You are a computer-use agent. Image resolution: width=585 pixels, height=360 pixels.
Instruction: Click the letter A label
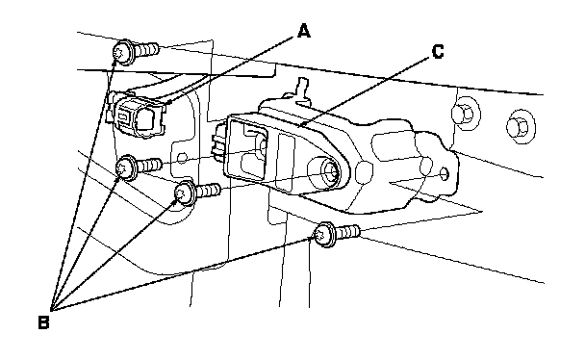304,31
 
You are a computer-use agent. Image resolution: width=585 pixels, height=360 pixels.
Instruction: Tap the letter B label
43,322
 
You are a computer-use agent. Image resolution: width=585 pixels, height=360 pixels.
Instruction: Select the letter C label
438,51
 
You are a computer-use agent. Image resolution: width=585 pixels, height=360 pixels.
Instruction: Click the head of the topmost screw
123,52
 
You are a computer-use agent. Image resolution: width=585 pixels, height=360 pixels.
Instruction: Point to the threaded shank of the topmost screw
146,50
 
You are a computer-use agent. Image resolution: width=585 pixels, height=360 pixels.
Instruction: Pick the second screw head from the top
126,167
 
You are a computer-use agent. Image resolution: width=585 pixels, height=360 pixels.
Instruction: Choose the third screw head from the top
185,193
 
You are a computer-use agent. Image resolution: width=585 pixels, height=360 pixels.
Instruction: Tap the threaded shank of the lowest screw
348,232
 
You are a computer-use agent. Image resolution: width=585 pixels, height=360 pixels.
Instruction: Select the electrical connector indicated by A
138,116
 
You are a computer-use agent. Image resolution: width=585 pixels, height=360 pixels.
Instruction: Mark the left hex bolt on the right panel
466,114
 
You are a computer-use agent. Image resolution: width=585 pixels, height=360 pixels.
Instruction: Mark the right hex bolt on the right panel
521,126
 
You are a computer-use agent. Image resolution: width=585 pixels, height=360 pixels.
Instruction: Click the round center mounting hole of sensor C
329,170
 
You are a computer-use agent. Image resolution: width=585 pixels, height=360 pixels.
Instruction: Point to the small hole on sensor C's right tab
444,174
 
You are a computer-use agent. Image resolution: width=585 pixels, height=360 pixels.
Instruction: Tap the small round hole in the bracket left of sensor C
182,158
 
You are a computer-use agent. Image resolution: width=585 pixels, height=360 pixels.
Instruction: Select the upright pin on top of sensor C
302,90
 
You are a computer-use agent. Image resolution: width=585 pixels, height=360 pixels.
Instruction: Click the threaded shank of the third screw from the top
208,191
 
